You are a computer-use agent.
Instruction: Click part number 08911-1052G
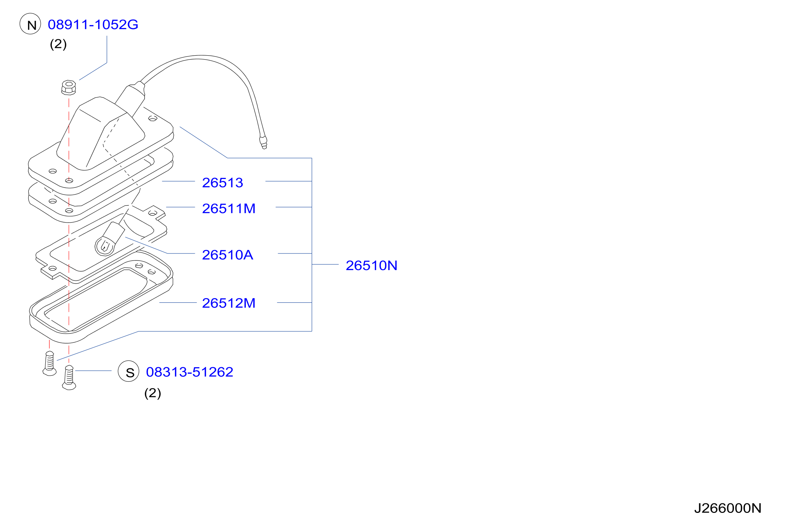pos(93,24)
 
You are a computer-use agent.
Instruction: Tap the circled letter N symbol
pos(30,24)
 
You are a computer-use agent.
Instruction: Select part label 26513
pos(222,183)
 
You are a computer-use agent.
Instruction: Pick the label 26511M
pos(228,208)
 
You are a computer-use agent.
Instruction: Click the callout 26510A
pos(227,255)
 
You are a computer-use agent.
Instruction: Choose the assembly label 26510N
pos(371,265)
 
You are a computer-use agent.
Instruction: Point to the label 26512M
pos(228,303)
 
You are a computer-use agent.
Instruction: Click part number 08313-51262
pos(189,372)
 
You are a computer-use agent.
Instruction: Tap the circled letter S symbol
pos(129,371)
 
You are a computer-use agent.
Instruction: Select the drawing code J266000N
pos(728,508)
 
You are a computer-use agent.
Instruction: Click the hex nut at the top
pos(69,88)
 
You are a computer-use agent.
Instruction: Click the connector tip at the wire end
pos(263,142)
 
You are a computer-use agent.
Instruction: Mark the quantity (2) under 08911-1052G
pos(58,44)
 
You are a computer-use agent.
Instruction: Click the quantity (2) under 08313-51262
pos(153,393)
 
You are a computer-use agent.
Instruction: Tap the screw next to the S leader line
pos(69,378)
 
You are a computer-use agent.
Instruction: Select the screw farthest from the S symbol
pos(50,363)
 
